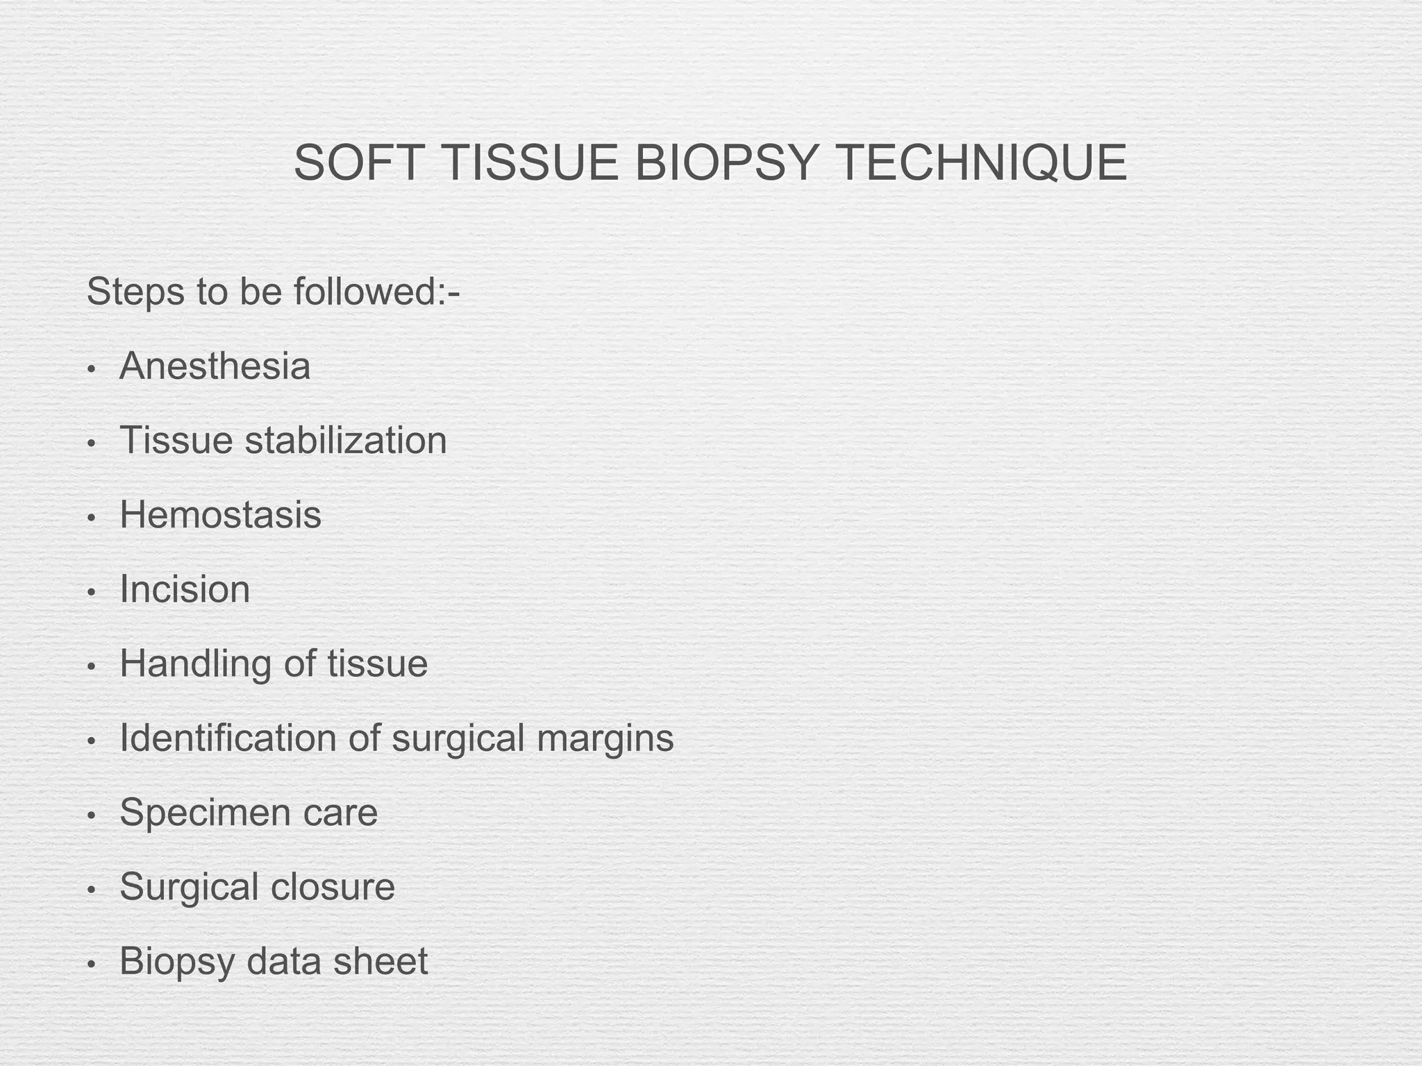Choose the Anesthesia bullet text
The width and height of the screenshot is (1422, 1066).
(215, 366)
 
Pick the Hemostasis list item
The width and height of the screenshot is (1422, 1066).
(220, 515)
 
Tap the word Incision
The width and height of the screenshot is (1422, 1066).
(185, 589)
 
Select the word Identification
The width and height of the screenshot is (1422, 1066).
(228, 738)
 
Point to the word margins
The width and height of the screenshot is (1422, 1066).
(605, 738)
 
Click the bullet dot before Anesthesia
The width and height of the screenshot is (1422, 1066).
(91, 369)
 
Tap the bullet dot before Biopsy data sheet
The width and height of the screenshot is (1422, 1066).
(91, 965)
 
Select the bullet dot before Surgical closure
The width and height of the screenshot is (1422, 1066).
(91, 890)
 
